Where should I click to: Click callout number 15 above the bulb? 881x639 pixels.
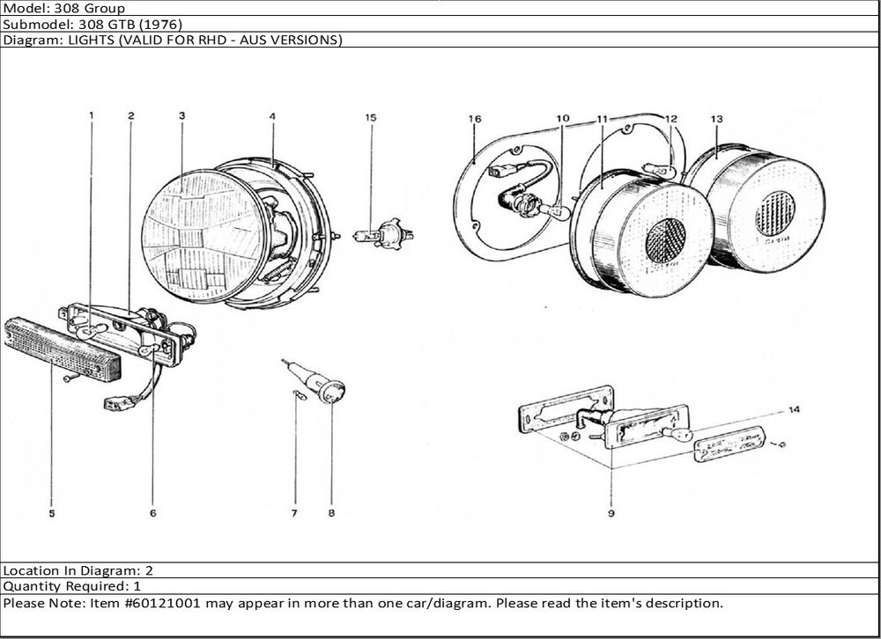[371, 117]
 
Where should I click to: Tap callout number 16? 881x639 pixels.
[475, 119]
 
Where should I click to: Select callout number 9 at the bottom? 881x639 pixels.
[611, 512]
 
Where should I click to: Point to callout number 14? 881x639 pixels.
[794, 410]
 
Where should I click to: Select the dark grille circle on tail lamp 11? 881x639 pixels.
[666, 239]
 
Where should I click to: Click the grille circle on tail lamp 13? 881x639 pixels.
[775, 213]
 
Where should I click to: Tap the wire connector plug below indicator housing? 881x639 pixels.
[116, 403]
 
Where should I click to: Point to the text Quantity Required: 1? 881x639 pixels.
[72, 585]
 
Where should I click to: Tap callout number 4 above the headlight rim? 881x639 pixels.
[272, 117]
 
